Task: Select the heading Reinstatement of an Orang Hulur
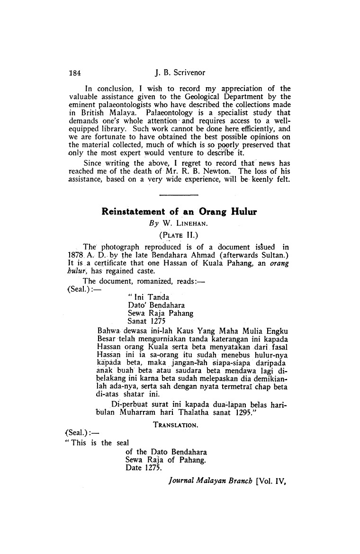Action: [179, 212]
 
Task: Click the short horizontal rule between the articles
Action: [179, 194]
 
